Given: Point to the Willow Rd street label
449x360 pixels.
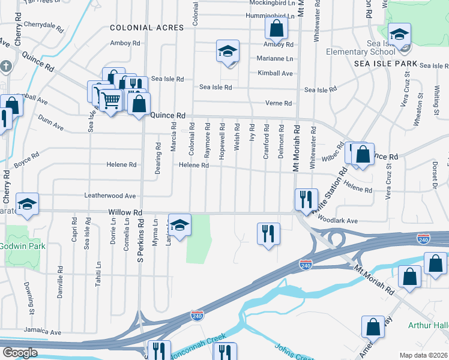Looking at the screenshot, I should click(125, 212).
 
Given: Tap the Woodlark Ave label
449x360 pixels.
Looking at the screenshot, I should click(340, 221).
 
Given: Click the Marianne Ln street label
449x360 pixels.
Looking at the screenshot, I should click(277, 59).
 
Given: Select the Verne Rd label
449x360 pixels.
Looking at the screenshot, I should click(279, 103).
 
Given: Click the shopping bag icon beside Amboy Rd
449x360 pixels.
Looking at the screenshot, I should click(276, 28).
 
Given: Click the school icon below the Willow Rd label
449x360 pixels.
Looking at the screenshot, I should click(179, 224).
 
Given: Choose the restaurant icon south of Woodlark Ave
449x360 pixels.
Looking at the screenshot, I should click(268, 233).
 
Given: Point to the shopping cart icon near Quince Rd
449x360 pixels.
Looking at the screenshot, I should click(110, 100).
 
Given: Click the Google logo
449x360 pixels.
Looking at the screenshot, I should click(20, 353).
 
